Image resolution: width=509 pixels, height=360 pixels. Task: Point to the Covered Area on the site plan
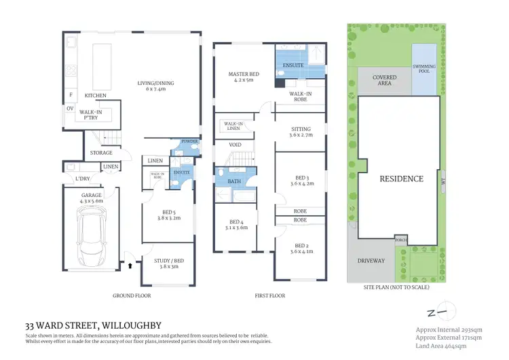384,82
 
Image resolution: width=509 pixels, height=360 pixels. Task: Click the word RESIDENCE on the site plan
401,179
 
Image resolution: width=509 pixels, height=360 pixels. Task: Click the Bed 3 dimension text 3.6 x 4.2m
299,183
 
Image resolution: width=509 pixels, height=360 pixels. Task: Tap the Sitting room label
299,128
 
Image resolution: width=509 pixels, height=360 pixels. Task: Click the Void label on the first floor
235,145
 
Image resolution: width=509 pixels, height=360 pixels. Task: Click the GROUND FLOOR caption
132,296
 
